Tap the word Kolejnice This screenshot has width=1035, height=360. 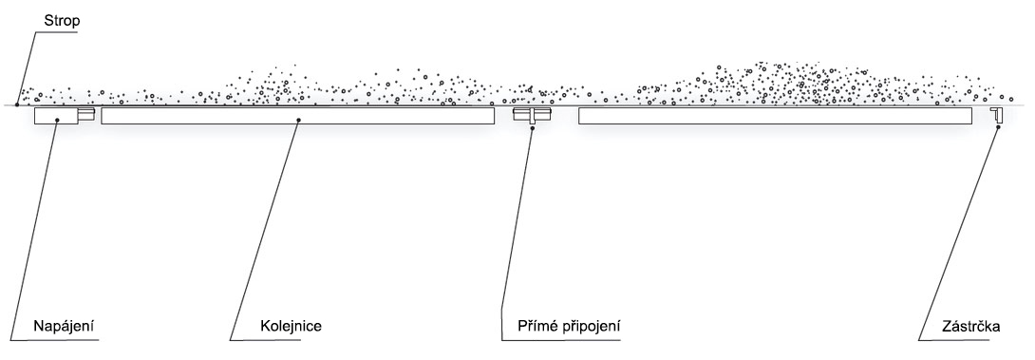click(x=291, y=327)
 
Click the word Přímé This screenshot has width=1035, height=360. click(x=536, y=327)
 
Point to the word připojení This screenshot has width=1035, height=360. click(x=590, y=327)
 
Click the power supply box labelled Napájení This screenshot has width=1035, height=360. click(x=56, y=116)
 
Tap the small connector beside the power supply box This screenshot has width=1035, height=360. click(x=86, y=115)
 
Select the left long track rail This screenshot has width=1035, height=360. click(x=298, y=116)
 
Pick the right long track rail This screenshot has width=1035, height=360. click(x=775, y=116)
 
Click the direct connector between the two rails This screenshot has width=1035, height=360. click(x=532, y=116)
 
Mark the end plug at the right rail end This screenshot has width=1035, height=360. click(x=996, y=115)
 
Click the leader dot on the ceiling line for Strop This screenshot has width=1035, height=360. click(x=16, y=105)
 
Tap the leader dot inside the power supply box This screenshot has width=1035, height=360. click(x=57, y=120)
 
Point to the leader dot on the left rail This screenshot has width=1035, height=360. click(x=298, y=120)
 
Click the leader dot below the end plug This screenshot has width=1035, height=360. click(x=998, y=127)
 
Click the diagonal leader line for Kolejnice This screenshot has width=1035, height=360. click(x=264, y=230)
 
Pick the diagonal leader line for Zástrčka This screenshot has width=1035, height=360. click(x=958, y=234)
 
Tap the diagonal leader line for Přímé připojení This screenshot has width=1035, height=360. click(x=517, y=234)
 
